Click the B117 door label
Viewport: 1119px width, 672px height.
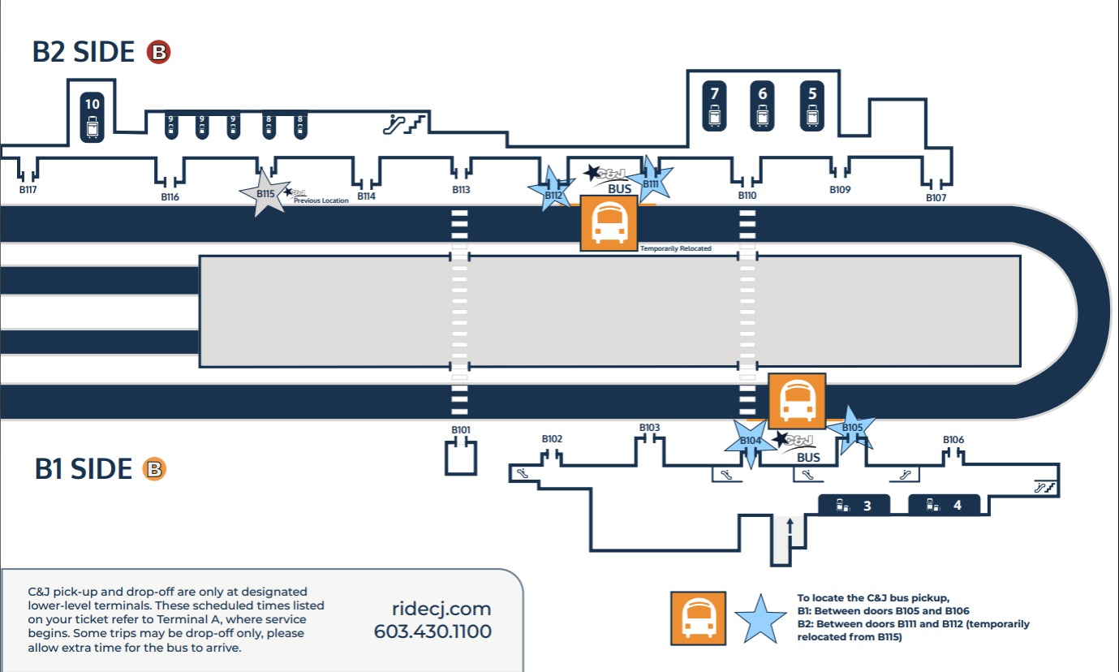click(x=28, y=190)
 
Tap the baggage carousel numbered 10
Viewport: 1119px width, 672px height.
click(x=93, y=116)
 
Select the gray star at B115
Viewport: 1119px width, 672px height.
click(x=265, y=193)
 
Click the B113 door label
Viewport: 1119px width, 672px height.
click(x=461, y=190)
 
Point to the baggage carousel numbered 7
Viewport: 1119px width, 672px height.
click(x=714, y=106)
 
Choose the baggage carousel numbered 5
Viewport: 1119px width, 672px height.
click(x=813, y=106)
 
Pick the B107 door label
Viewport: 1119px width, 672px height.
click(x=936, y=197)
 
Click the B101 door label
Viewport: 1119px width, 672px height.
click(x=461, y=429)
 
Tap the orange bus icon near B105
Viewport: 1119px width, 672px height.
click(x=797, y=401)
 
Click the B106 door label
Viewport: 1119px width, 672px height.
click(x=953, y=439)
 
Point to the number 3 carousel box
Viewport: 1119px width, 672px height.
click(x=854, y=506)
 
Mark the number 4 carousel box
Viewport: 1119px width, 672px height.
click(x=944, y=506)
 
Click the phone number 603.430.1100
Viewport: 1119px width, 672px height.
click(x=433, y=631)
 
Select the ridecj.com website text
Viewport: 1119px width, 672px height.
click(x=441, y=609)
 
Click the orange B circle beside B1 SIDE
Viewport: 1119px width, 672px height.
click(x=154, y=469)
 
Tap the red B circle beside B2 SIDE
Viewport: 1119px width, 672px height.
click(x=158, y=53)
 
